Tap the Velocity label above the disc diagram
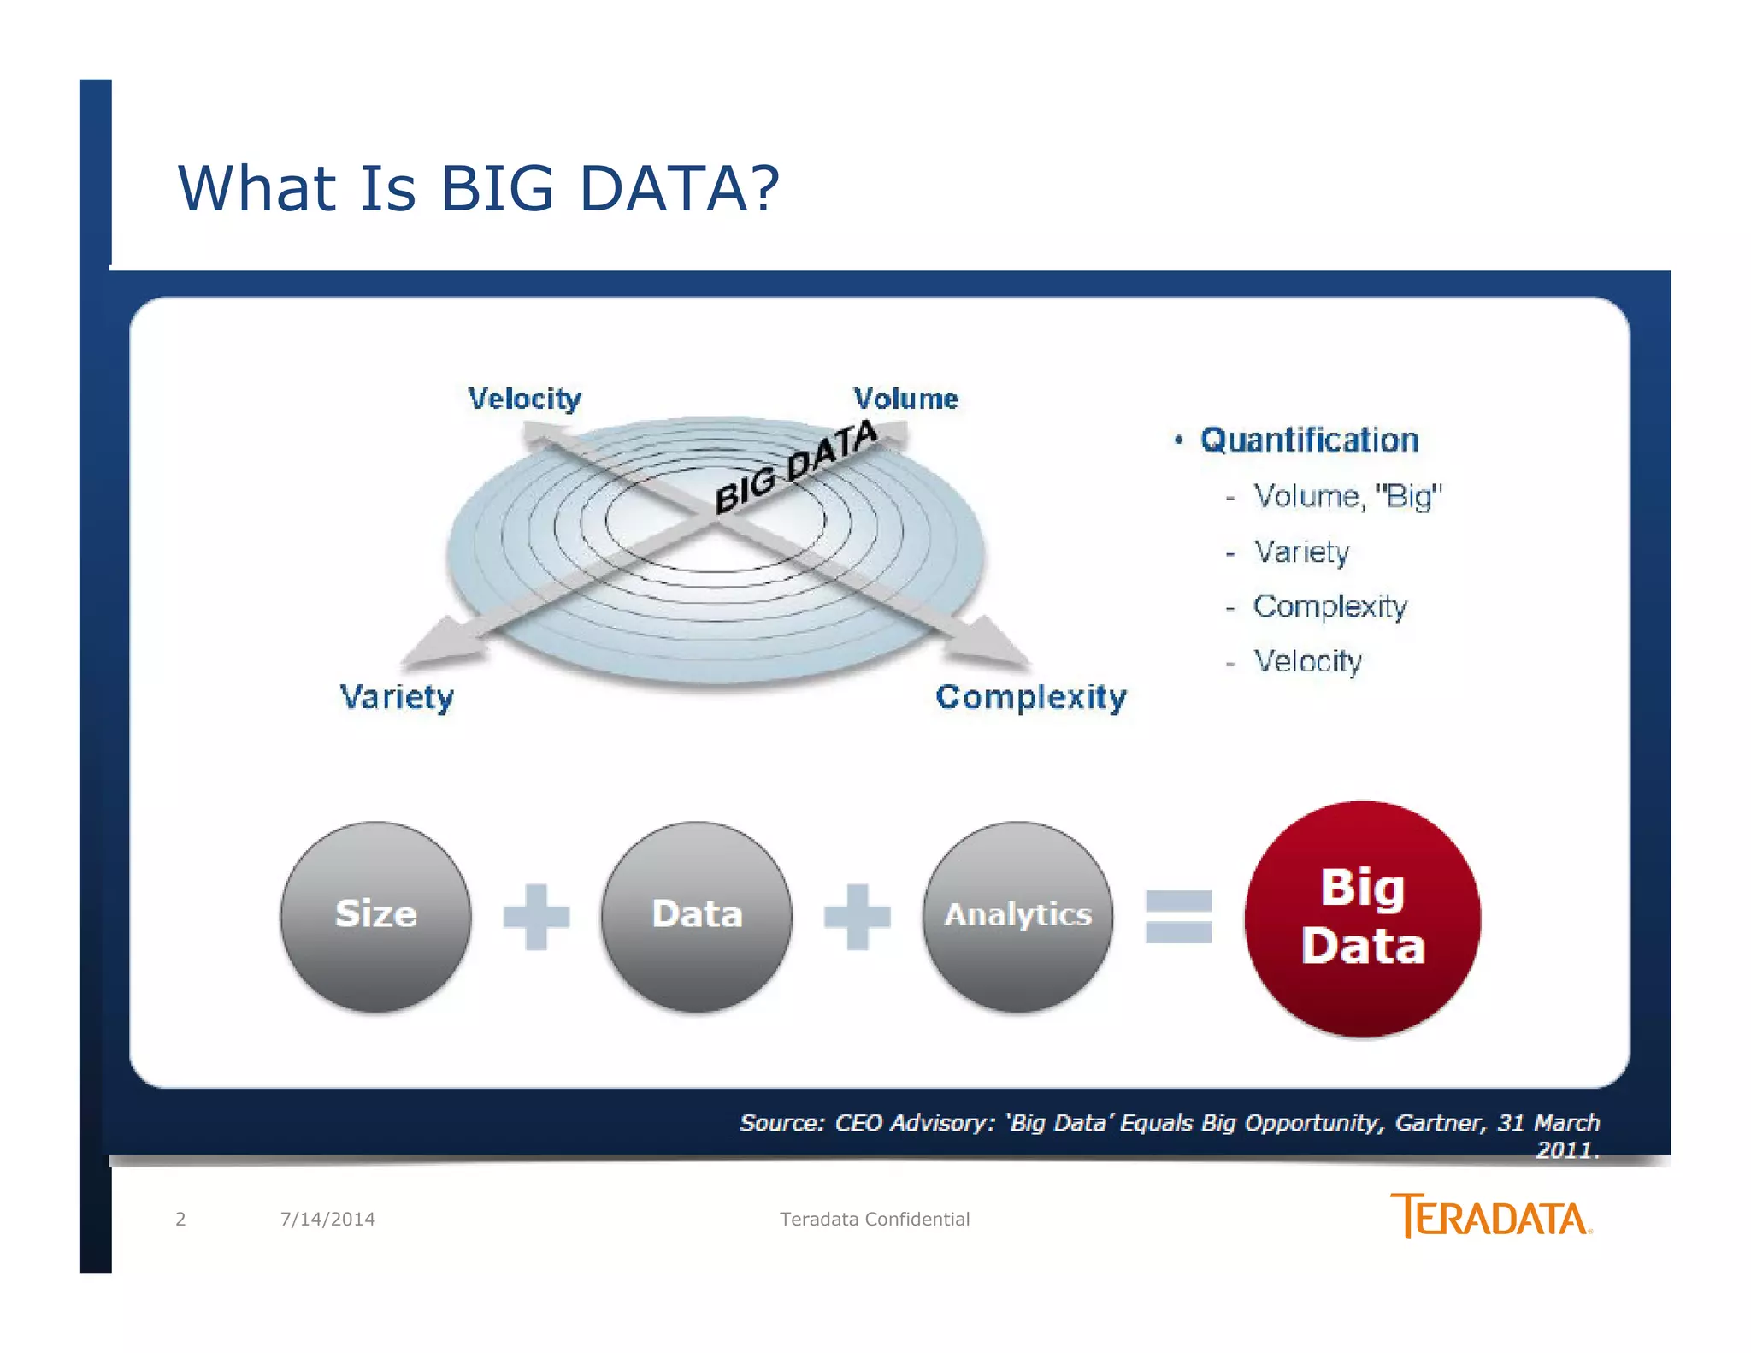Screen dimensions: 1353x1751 (524, 399)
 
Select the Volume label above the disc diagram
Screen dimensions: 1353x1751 (905, 399)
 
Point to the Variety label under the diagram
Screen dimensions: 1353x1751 (397, 697)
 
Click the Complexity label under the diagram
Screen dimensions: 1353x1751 (1030, 697)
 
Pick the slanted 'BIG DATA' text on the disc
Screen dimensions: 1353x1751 (795, 468)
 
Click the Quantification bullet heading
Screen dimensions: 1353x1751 (1308, 440)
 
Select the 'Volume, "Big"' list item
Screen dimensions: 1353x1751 (1347, 496)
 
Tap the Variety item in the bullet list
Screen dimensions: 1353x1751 (1301, 552)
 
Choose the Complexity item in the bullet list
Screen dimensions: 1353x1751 (1329, 606)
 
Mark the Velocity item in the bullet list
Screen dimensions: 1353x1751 (1307, 661)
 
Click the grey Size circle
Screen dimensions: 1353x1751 (375, 916)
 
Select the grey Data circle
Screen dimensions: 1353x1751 (696, 916)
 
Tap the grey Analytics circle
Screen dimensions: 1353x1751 (1017, 916)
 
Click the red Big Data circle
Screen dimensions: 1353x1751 (1362, 919)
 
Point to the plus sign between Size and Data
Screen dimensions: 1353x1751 (536, 917)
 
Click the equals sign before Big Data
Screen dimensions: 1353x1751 (1178, 917)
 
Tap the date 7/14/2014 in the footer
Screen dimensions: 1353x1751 (327, 1219)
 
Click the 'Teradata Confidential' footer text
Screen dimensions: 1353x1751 (874, 1219)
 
